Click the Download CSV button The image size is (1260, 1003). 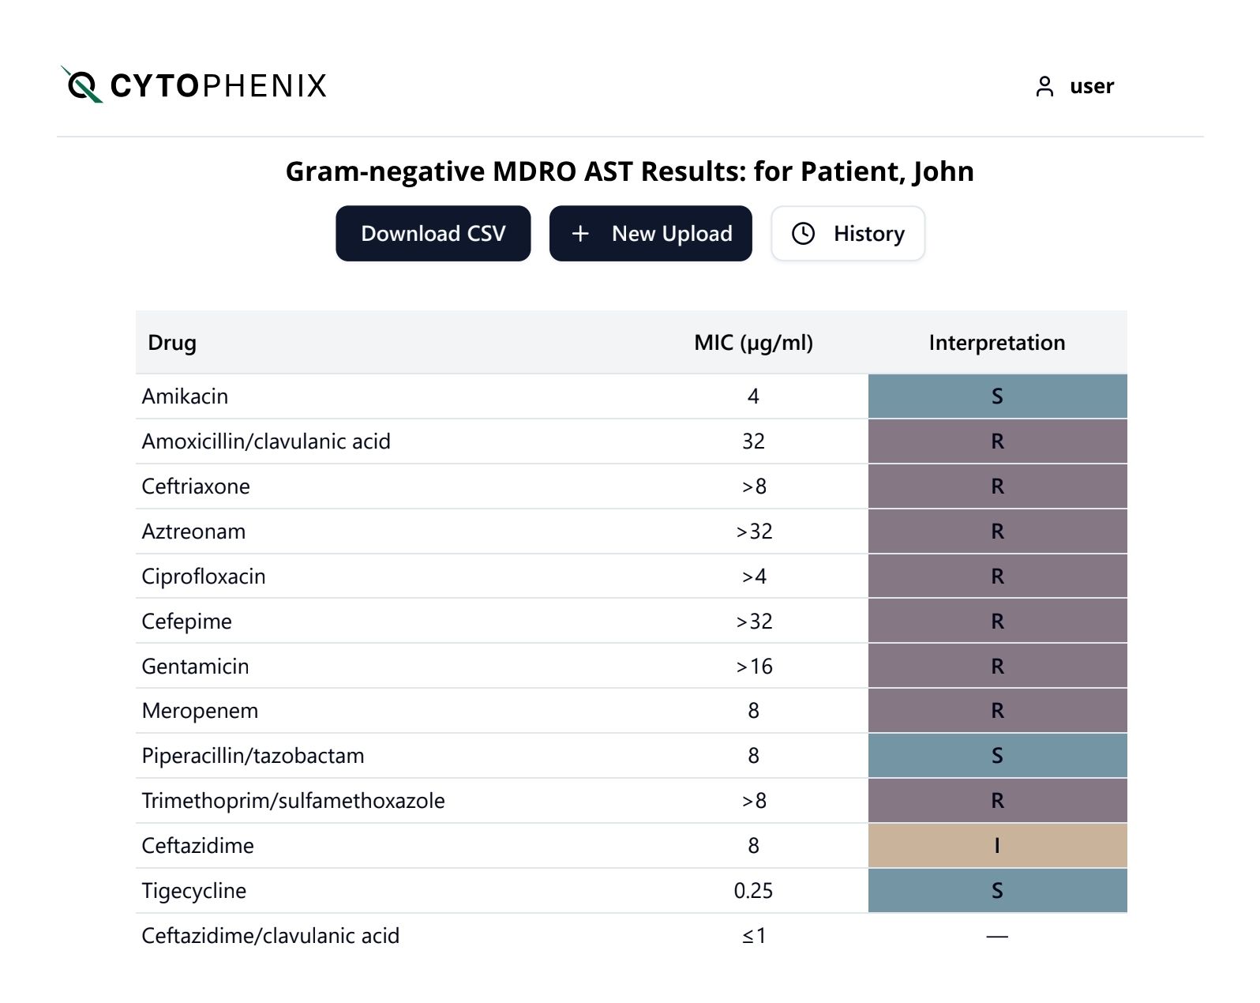(433, 234)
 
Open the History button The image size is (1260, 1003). (848, 234)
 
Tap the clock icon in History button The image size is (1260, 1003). (803, 234)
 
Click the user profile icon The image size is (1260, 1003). (1044, 86)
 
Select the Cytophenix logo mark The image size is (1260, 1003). (81, 85)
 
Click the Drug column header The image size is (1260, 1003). (172, 343)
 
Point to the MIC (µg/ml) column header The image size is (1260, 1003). (753, 343)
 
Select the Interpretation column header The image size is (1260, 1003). (996, 343)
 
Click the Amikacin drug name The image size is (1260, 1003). (185, 396)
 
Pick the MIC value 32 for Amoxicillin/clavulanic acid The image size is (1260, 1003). (753, 441)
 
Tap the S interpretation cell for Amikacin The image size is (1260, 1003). (997, 396)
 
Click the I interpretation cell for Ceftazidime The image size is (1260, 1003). (997, 846)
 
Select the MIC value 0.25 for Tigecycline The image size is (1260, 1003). (753, 891)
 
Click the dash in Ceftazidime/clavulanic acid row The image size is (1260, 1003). (997, 937)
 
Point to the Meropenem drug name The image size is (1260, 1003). (200, 711)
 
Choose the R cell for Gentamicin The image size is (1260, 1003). (997, 667)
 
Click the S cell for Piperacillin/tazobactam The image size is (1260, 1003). (997, 756)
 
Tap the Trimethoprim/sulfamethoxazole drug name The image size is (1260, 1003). (293, 801)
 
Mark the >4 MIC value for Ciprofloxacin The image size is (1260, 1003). (753, 577)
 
